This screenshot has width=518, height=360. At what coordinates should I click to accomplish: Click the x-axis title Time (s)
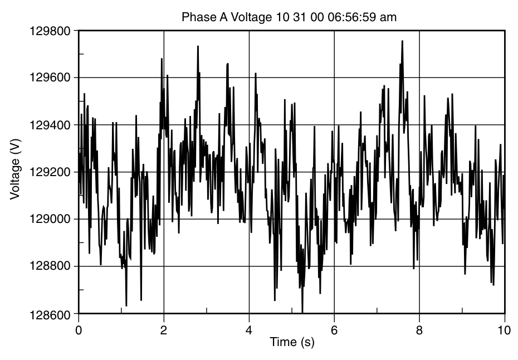[292, 342]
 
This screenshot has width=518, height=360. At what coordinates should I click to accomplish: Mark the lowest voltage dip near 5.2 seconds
[302, 312]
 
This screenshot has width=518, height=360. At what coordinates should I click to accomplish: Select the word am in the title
[389, 17]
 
